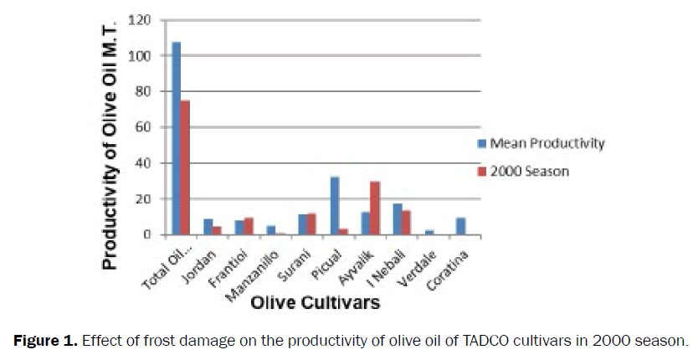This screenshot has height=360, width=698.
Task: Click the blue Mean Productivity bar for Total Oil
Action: pyautogui.click(x=177, y=138)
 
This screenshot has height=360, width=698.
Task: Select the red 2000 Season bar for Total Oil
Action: pyautogui.click(x=185, y=167)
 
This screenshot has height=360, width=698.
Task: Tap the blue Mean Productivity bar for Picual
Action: pyautogui.click(x=336, y=206)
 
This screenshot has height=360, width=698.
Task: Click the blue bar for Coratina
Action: pyautogui.click(x=459, y=227)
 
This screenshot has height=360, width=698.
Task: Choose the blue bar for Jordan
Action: pyautogui.click(x=208, y=227)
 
